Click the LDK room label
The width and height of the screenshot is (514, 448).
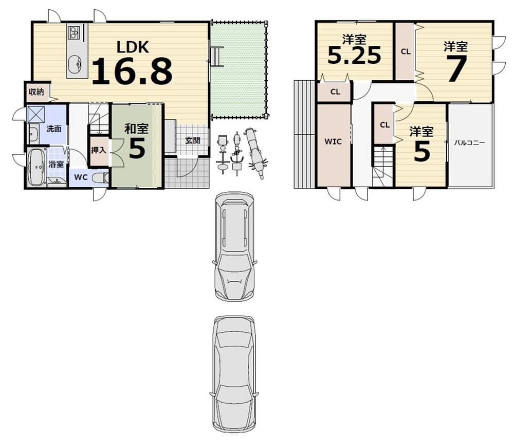coord(133,47)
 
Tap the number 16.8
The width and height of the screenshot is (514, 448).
coord(132,71)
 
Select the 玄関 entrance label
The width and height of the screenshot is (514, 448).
coord(192,141)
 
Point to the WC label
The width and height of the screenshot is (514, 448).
coord(81,177)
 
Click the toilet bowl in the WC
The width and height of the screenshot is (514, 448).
coord(101,178)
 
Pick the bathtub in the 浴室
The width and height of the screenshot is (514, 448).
coord(36,168)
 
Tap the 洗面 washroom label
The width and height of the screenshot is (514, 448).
coord(54,129)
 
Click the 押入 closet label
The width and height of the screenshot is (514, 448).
coord(98,150)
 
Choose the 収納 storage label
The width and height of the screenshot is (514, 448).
coord(36,92)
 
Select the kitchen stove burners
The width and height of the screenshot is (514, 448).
coord(75,32)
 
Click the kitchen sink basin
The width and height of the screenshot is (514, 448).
coord(76,63)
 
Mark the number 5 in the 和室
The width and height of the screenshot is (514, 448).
coord(137,149)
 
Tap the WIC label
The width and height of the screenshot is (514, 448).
coord(333,141)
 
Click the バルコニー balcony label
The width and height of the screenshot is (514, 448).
coord(469,143)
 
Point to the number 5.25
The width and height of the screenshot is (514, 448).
coord(354,55)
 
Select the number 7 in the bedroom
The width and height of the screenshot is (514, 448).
coord(456,68)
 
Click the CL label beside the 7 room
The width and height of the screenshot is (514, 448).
coord(406,51)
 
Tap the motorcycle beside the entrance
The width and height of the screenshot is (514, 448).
coord(255,152)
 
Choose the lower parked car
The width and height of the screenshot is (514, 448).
coord(233,374)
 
